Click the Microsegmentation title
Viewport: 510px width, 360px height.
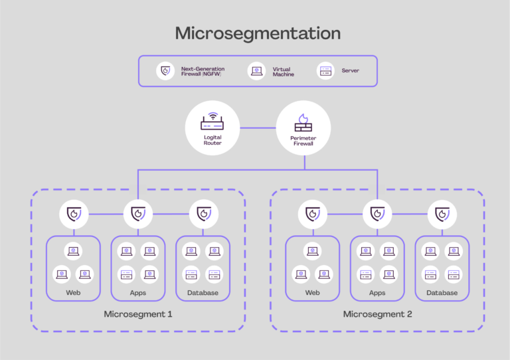point(257,34)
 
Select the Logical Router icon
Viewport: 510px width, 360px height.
point(212,122)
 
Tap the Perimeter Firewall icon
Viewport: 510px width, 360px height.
point(303,122)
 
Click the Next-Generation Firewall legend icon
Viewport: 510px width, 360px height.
point(165,70)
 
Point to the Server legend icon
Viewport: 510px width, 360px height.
point(325,70)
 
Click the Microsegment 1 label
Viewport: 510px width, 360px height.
point(138,314)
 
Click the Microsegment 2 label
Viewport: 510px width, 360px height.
point(377,314)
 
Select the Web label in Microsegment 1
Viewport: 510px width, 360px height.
point(73,292)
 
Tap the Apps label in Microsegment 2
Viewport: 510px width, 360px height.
point(377,292)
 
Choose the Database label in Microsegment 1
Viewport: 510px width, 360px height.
point(203,292)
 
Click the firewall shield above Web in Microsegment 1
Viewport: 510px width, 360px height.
point(73,214)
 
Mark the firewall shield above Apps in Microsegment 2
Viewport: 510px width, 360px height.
point(377,214)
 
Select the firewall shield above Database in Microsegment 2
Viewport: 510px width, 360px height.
point(442,214)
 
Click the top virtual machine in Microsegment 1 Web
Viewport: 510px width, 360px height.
point(73,251)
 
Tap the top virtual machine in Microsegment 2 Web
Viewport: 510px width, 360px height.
point(312,251)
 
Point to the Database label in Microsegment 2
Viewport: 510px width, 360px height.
point(442,292)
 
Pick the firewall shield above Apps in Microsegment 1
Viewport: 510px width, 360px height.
point(138,214)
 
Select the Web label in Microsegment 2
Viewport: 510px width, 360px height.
point(312,292)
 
